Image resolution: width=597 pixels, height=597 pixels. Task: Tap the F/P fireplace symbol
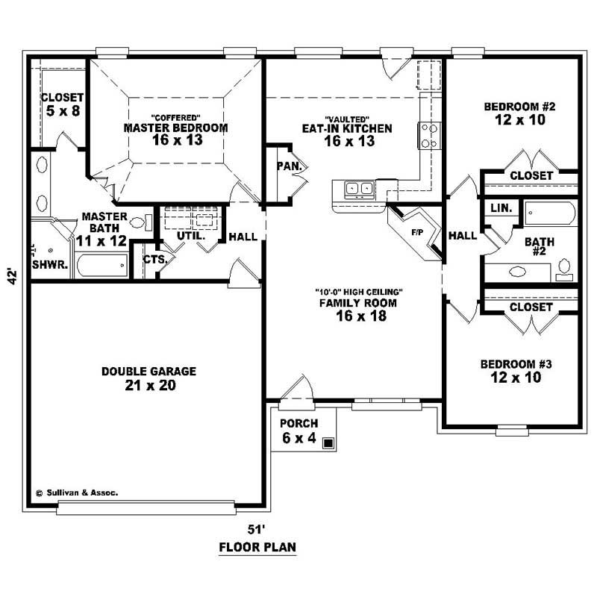tap(417, 233)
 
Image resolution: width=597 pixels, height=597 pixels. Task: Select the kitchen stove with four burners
tap(431, 136)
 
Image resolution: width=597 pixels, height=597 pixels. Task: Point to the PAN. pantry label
tap(287, 166)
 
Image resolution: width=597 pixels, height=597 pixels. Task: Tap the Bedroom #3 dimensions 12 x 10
tap(516, 378)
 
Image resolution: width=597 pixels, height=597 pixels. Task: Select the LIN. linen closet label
tap(501, 209)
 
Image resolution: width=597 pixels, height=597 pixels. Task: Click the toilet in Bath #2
tap(565, 266)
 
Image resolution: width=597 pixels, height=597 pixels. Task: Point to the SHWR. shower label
tap(51, 264)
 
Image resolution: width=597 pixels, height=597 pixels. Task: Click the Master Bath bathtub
tap(103, 266)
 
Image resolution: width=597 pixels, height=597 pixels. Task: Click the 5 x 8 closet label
tap(62, 111)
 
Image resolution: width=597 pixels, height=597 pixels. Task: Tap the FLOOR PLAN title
tap(257, 547)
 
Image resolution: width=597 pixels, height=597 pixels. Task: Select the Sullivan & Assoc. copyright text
tap(76, 493)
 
